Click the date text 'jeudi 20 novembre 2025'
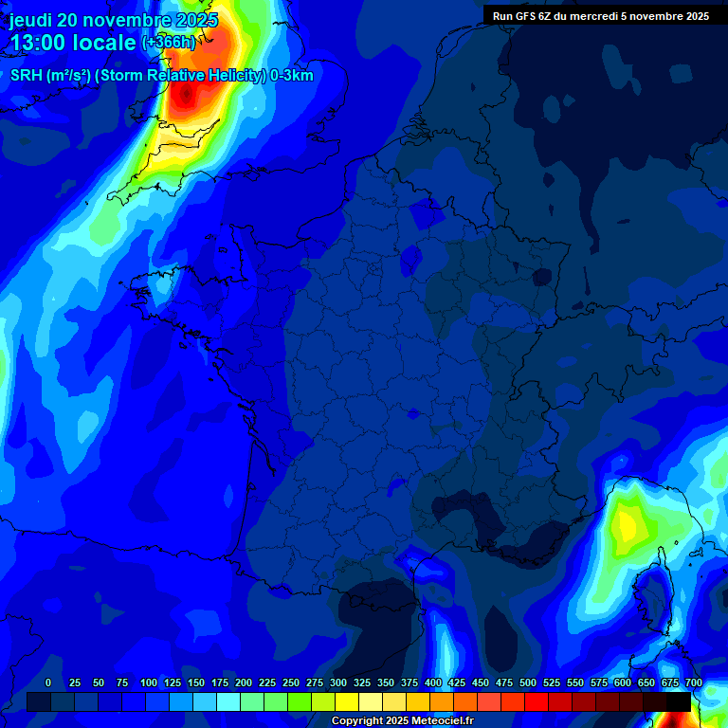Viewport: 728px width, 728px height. (x=113, y=20)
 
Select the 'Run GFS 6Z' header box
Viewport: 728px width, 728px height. (x=601, y=15)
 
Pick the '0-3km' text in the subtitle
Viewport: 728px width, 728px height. (x=291, y=76)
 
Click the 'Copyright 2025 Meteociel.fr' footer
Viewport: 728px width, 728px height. (x=402, y=721)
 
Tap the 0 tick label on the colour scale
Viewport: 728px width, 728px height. (x=48, y=682)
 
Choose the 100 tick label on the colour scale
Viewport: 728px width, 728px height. (x=149, y=682)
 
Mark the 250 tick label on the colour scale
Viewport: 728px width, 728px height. (x=291, y=682)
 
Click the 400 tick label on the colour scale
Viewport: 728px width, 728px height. (x=433, y=682)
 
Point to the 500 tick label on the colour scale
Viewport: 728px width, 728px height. (x=528, y=682)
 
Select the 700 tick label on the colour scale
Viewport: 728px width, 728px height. (x=693, y=682)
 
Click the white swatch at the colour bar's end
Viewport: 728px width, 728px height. (x=702, y=701)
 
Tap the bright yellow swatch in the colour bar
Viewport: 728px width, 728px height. (x=347, y=701)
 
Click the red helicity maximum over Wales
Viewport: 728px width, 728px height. (x=186, y=94)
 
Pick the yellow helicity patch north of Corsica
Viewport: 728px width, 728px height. (x=626, y=520)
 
